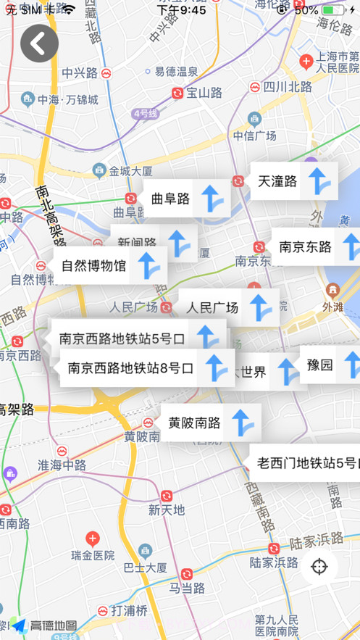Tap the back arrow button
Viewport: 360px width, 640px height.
(39, 43)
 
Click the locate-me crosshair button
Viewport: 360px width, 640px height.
(319, 566)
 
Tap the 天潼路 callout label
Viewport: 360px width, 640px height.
(277, 182)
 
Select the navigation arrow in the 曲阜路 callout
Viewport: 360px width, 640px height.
(211, 198)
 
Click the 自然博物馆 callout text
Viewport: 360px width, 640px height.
(93, 266)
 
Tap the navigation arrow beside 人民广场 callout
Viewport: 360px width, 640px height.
(259, 307)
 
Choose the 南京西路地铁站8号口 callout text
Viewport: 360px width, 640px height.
(131, 368)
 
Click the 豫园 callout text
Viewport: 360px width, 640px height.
(320, 365)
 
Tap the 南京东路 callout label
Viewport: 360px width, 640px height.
(305, 247)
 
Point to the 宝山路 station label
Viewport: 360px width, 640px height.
(204, 93)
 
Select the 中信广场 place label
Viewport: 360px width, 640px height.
(254, 136)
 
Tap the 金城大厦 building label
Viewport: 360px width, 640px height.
(130, 171)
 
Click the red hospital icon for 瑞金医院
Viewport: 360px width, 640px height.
(92, 539)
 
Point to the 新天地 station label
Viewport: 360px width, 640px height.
(167, 510)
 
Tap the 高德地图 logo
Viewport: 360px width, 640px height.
(45, 626)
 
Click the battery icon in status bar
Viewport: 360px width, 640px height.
(334, 10)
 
